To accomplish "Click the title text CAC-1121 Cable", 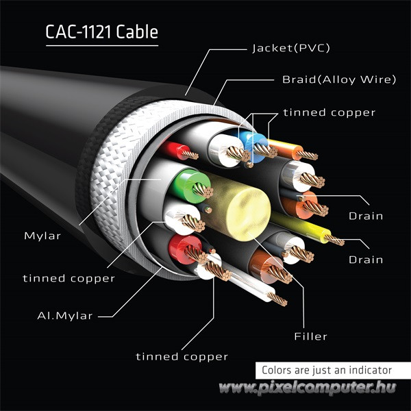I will coord(101,32).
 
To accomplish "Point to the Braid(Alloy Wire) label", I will coord(339,79).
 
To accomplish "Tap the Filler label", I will coord(310,336).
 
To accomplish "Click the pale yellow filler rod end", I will coord(245,204).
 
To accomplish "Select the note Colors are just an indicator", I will coord(327,370).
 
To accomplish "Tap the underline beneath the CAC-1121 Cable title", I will coord(101,46).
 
